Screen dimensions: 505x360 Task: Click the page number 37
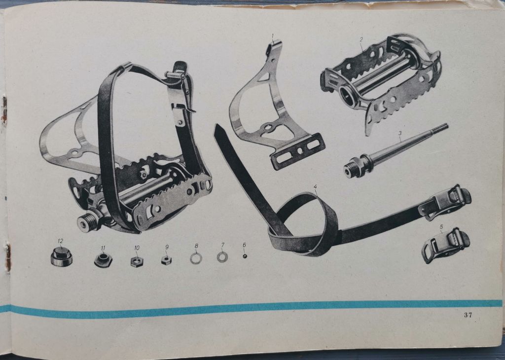click(468, 315)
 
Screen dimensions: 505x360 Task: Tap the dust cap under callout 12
click(62, 257)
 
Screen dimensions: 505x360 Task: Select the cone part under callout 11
click(103, 260)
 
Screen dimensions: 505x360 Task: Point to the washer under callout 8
click(196, 258)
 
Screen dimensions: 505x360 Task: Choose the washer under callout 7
click(222, 256)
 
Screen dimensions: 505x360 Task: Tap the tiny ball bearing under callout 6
click(245, 256)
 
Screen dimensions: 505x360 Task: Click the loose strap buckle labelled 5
click(445, 246)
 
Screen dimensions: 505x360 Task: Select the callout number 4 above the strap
click(315, 186)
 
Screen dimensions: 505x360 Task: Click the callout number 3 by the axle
click(399, 133)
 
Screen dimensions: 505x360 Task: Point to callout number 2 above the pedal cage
click(361, 40)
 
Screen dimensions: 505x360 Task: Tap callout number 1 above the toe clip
click(272, 35)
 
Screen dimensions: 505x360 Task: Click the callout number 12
click(61, 241)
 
